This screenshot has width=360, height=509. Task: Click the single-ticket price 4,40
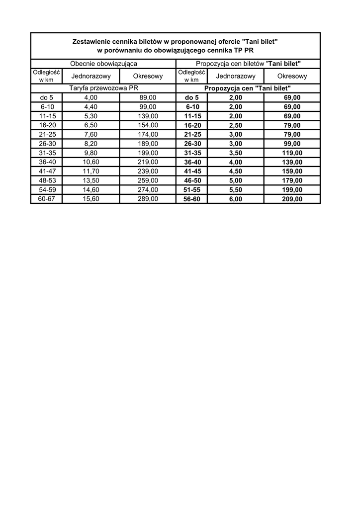point(91,107)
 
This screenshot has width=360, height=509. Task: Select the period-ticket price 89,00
point(148,98)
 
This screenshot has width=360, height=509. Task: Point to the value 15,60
point(91,199)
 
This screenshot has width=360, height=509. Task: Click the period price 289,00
point(148,199)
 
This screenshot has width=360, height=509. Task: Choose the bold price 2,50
point(236,125)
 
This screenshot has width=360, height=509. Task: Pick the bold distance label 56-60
point(192,199)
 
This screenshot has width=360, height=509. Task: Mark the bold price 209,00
point(292,199)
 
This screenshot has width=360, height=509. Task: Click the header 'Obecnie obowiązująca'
point(103,64)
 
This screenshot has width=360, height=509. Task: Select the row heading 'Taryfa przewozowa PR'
point(103,88)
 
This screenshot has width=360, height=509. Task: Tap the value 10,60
point(91,162)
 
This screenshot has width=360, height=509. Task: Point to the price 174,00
point(148,134)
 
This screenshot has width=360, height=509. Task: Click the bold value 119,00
point(292,153)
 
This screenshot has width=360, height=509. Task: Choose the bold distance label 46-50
point(192,180)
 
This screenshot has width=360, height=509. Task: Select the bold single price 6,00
point(236,199)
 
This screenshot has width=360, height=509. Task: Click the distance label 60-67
point(46,199)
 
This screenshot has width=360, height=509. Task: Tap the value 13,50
point(91,180)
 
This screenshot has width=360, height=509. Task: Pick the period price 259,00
point(148,180)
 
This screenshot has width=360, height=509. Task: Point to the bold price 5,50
point(236,190)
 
